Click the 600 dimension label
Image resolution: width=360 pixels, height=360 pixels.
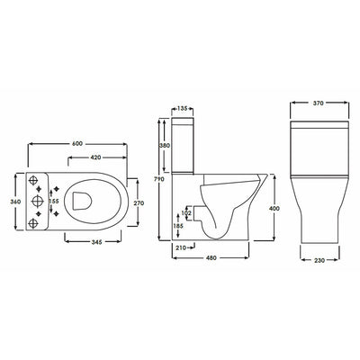click(x=77, y=144)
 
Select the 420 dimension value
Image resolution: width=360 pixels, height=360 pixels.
click(x=95, y=157)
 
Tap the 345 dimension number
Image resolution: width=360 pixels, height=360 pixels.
click(x=97, y=242)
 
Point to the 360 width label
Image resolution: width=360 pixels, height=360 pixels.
click(x=15, y=202)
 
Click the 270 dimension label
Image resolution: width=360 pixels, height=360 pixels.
click(x=139, y=203)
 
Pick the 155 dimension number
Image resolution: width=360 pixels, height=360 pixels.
click(x=54, y=201)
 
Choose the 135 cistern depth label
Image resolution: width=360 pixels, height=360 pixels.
click(x=182, y=108)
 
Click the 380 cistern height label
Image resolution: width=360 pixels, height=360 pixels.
click(x=165, y=146)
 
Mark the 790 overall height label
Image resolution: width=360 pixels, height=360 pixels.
click(x=159, y=179)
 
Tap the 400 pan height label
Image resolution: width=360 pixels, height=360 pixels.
click(x=274, y=208)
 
